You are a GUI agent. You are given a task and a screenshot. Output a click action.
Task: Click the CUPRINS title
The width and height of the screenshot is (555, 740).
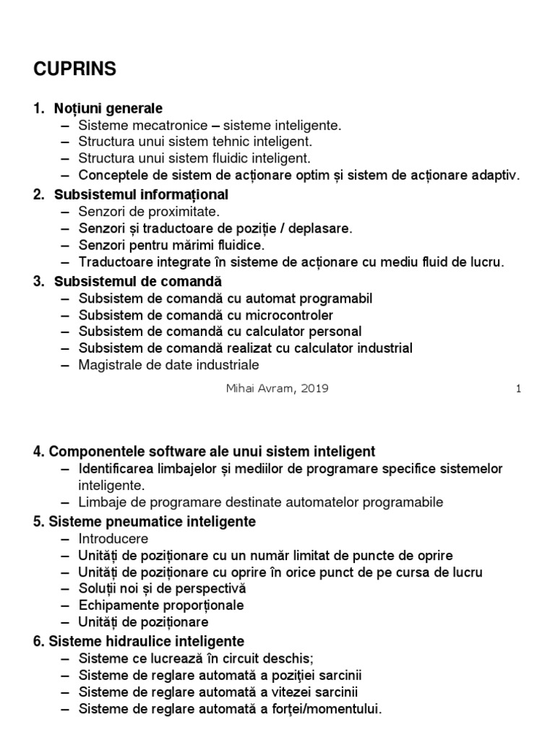[x=74, y=69]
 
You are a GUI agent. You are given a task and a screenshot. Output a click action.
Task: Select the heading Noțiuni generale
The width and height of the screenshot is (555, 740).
[x=108, y=108]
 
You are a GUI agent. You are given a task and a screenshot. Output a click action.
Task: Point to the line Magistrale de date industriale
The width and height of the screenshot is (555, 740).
[x=169, y=365]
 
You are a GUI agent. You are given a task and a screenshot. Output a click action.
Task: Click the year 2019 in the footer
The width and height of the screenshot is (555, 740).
[x=314, y=388]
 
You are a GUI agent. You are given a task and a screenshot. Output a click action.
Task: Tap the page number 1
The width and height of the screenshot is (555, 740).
[x=518, y=388]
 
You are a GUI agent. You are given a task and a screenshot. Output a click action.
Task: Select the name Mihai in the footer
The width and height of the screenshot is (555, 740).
[x=241, y=388]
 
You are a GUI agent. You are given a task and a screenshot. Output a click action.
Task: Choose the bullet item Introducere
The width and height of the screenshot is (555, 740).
[x=114, y=538]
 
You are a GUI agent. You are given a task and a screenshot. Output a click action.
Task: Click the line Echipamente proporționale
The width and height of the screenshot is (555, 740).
[x=161, y=605]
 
